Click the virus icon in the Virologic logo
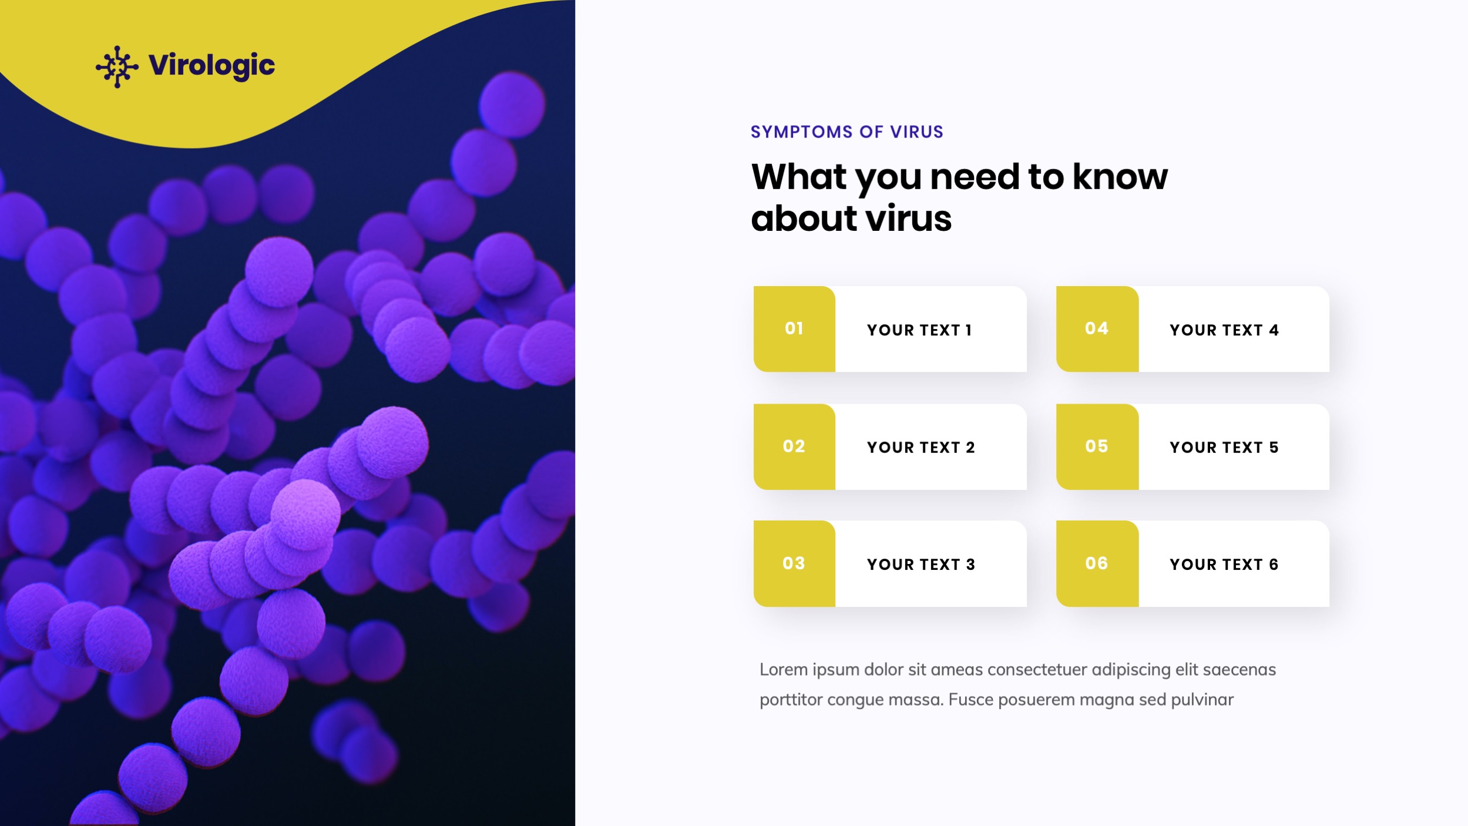[x=117, y=66]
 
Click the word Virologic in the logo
[x=211, y=65]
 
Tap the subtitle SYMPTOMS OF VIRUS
[x=846, y=132]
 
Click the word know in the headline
[x=1120, y=177]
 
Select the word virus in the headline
[x=908, y=219]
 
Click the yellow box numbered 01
[x=794, y=329]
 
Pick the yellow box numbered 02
[x=794, y=446]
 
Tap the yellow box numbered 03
[x=794, y=563]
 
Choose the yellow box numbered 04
[x=1097, y=329]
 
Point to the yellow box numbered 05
[x=1097, y=446]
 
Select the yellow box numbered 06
[x=1097, y=563]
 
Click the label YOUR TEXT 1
[x=919, y=330]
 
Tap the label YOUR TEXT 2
[x=921, y=448]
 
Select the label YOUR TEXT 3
[x=921, y=565]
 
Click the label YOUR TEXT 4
[x=1224, y=330]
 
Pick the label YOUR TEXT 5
[x=1224, y=448]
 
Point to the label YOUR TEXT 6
[x=1224, y=565]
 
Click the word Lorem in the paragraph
[x=783, y=670]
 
